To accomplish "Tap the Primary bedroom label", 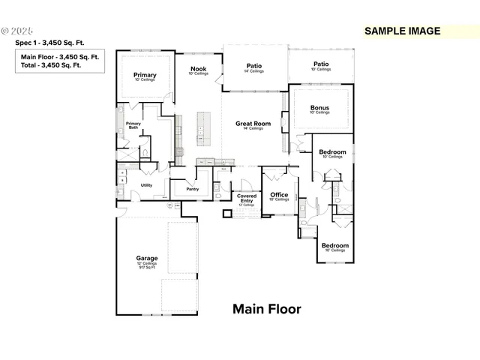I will (145, 75).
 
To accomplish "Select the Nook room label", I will (198, 69).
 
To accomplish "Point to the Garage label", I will (146, 258).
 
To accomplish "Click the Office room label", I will (279, 195).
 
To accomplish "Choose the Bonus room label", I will (319, 107).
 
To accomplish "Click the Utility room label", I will (146, 184).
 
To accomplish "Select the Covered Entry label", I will (247, 198).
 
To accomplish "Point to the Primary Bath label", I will (133, 125).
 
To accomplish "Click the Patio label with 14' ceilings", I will (254, 66).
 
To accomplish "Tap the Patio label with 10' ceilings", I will (321, 64).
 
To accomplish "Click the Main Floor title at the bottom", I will (266, 309).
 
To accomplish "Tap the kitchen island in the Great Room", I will (201, 127).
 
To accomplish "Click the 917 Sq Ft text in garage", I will (146, 268).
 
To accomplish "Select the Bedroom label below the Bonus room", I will (331, 152).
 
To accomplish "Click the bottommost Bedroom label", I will (334, 245).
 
